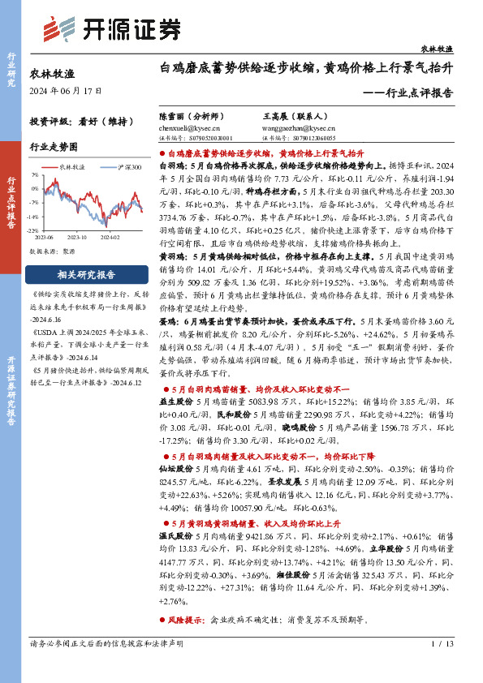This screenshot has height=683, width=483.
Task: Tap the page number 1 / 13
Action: click(442, 667)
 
